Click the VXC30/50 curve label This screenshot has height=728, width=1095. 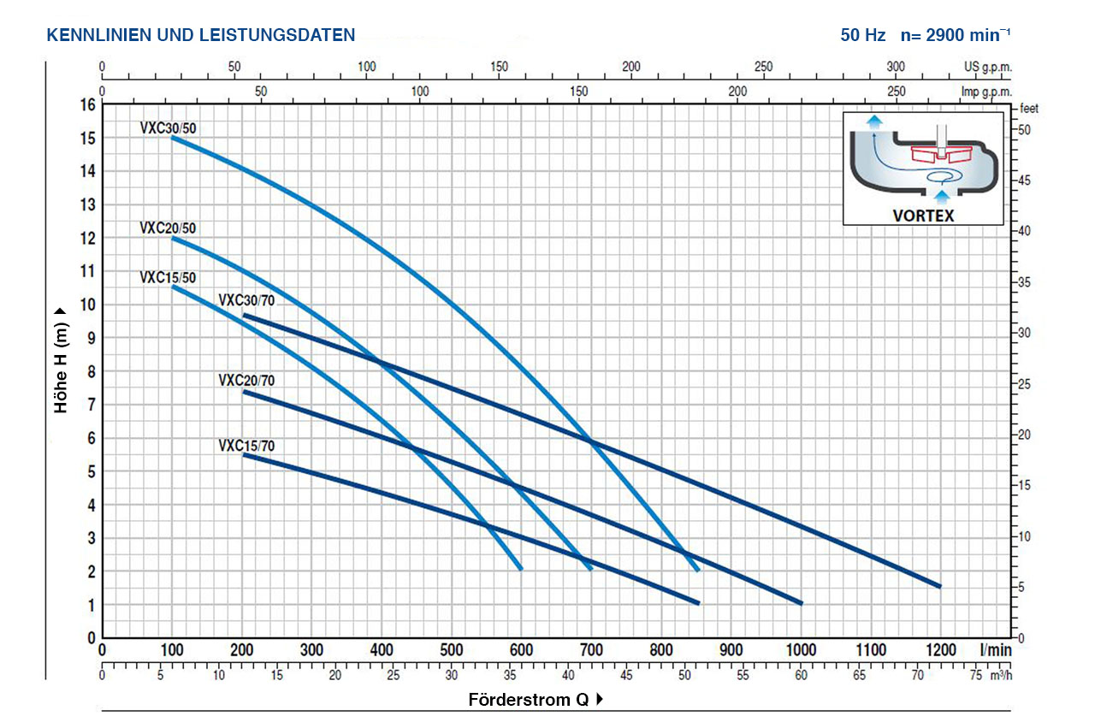click(169, 128)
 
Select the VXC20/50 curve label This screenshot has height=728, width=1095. click(169, 228)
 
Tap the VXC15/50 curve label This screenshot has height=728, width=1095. click(169, 277)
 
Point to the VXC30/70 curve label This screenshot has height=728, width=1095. click(246, 300)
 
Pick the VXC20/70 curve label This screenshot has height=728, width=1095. click(246, 381)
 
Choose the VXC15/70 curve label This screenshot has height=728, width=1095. click(246, 446)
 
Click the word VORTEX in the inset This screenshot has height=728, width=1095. click(923, 216)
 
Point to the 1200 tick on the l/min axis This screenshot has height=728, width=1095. click(940, 651)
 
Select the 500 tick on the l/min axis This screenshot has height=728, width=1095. click(452, 651)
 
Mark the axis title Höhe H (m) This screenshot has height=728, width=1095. click(61, 360)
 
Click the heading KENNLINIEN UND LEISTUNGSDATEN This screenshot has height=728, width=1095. click(201, 35)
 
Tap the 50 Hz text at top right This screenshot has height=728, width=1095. click(862, 35)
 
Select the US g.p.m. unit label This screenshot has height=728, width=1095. click(987, 67)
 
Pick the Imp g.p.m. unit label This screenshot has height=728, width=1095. click(986, 92)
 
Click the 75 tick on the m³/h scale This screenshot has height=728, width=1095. click(976, 676)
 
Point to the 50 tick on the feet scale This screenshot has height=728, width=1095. click(1025, 129)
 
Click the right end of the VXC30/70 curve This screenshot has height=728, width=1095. click(939, 586)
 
